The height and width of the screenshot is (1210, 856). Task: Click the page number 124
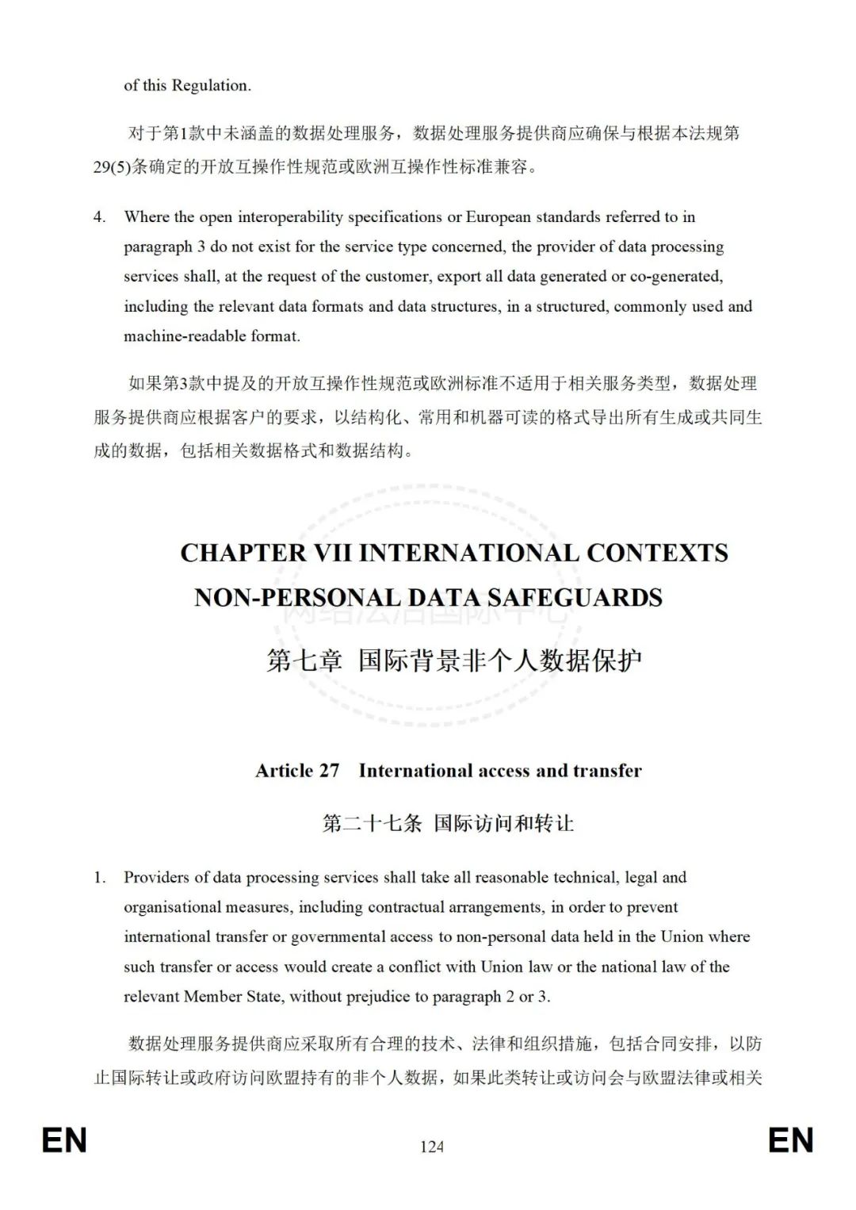432,1146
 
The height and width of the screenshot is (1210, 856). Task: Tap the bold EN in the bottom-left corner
64,1140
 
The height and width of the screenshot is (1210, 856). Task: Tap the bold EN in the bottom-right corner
790,1140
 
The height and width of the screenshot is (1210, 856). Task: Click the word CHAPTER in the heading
243,553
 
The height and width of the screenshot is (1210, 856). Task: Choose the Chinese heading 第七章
305,660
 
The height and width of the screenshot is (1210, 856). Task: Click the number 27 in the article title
329,771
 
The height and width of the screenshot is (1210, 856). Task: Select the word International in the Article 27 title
415,771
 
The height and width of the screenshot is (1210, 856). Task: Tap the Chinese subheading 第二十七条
372,823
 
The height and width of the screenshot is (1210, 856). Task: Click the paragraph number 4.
99,216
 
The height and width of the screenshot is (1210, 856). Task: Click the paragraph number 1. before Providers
99,877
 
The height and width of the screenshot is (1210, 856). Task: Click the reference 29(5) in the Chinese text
112,167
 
